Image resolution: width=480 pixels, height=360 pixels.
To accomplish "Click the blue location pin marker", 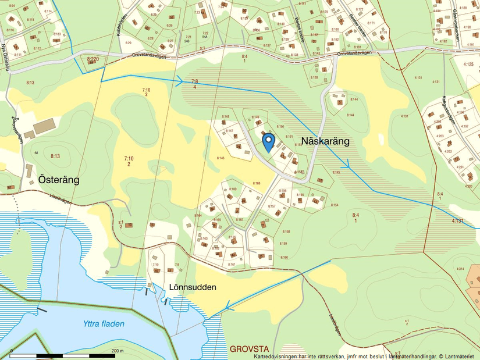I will point(268,141).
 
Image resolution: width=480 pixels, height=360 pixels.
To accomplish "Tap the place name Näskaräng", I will point(325,141).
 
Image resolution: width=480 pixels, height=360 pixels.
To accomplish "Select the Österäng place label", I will point(58,180).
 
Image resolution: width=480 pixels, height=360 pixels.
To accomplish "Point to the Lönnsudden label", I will point(193,287).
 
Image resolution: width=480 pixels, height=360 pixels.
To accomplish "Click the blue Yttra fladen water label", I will point(104,324).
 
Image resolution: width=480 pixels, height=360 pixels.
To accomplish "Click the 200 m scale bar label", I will point(118,351).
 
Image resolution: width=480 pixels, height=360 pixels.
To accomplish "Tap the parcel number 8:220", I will point(93,59).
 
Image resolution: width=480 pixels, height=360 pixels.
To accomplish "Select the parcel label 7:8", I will point(194,81).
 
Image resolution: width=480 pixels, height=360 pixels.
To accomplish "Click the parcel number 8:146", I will point(221,158).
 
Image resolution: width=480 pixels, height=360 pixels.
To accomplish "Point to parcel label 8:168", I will point(257,184).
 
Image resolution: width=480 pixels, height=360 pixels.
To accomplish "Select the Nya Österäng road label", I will point(8,58).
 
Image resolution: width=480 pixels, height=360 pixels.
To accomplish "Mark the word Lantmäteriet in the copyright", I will point(461,356).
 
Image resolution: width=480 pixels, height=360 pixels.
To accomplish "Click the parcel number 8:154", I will point(334,205).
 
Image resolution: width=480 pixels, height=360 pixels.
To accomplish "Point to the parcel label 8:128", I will point(314,77).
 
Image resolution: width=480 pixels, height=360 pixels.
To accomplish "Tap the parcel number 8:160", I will point(283,257).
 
